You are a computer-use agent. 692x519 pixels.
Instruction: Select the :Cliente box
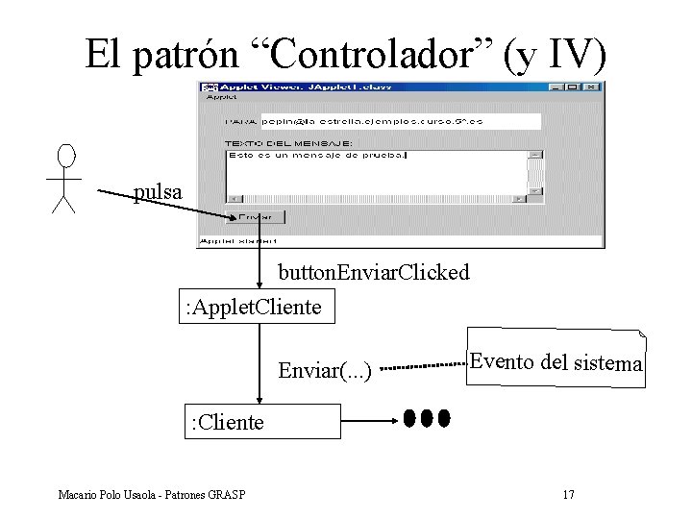point(261,421)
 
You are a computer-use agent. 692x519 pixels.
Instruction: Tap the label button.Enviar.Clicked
point(374,273)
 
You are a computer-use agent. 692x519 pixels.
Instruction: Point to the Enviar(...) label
point(324,367)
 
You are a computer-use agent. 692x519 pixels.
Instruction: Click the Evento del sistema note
point(555,362)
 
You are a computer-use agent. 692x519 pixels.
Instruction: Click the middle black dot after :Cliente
point(427,418)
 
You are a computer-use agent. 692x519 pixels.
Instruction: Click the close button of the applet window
point(596,87)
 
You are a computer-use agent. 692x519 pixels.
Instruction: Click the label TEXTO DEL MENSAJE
point(288,143)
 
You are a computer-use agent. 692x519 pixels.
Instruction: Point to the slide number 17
point(568,495)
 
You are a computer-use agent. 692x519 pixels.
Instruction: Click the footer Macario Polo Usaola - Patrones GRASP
point(151,495)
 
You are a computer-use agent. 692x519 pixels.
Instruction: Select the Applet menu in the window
point(222,97)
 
